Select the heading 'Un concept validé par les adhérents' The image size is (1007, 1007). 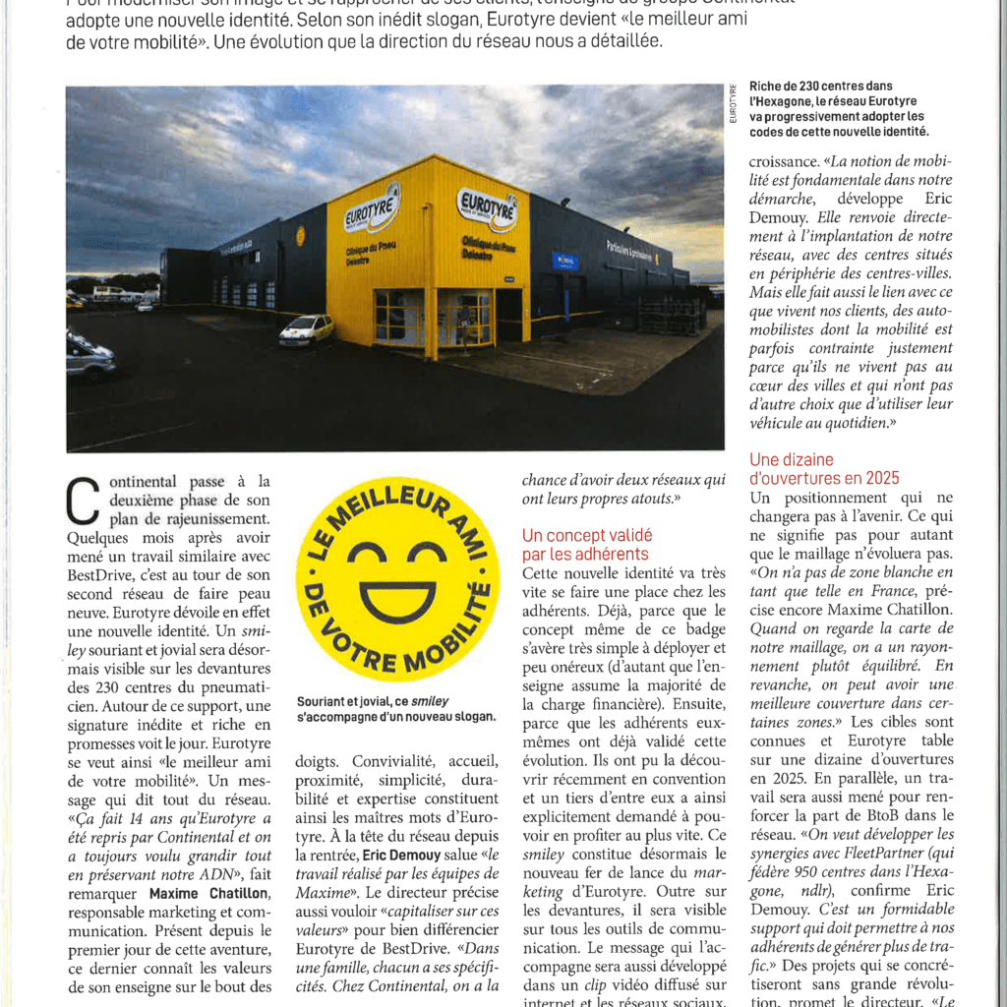pyautogui.click(x=586, y=545)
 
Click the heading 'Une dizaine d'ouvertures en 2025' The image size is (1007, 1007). pyautogui.click(x=824, y=468)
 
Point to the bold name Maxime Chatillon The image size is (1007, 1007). pyautogui.click(x=208, y=893)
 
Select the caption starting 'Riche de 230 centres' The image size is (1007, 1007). pyautogui.click(x=838, y=108)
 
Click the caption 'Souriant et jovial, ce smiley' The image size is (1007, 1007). pyautogui.click(x=395, y=709)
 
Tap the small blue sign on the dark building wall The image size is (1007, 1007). pyautogui.click(x=565, y=261)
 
